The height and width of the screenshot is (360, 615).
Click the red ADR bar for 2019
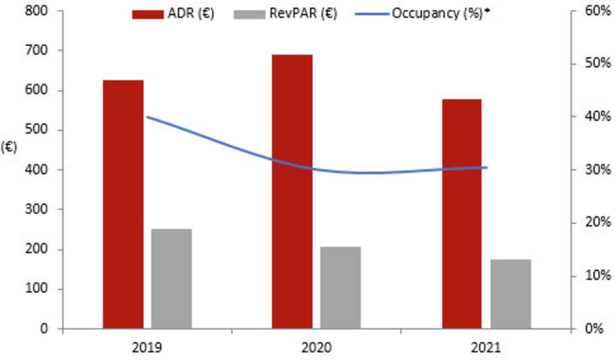[123, 204]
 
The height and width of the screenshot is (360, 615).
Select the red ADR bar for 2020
[292, 192]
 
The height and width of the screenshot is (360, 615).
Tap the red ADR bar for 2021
[462, 214]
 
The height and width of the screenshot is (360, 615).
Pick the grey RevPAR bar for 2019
[171, 279]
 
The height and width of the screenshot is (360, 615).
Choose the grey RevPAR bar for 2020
[340, 288]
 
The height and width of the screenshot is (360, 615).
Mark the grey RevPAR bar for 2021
[510, 294]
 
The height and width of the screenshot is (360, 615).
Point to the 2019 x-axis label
[147, 347]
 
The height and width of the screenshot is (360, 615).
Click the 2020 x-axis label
[316, 347]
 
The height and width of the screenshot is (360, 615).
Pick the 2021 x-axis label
[486, 347]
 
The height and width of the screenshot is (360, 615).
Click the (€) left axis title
[9, 147]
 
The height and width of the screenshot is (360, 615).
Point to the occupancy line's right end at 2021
[486, 168]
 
